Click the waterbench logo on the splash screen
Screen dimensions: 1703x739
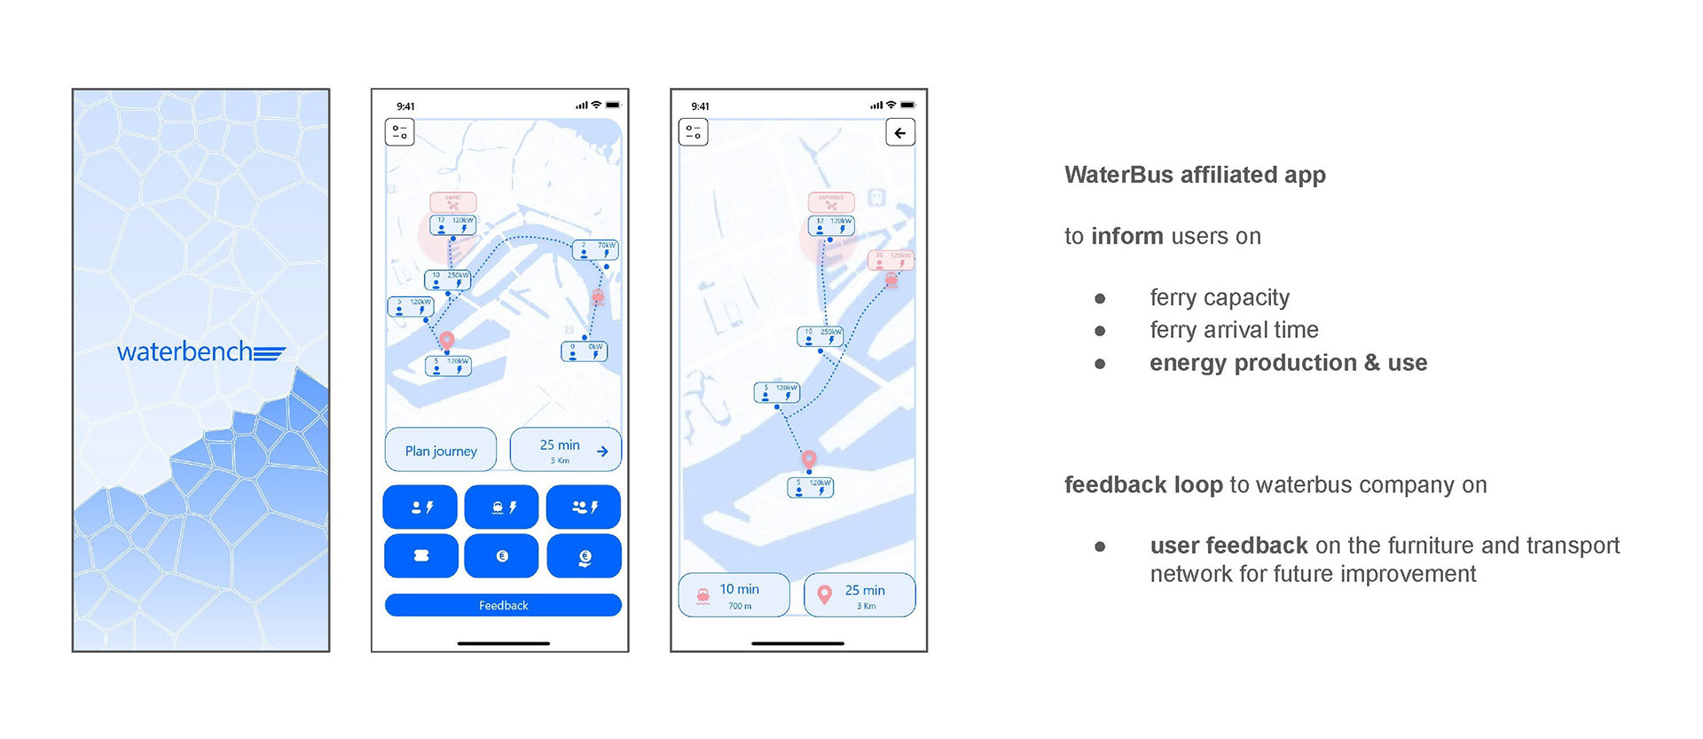pyautogui.click(x=200, y=352)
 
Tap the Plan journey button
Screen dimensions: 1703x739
pyautogui.click(x=442, y=451)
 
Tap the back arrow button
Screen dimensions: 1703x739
pyautogui.click(x=900, y=133)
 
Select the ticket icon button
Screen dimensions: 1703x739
pyautogui.click(x=421, y=556)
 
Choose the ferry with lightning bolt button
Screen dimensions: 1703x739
pyautogui.click(x=502, y=507)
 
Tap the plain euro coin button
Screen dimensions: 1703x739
pyautogui.click(x=502, y=556)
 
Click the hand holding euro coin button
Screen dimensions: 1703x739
pyautogui.click(x=585, y=557)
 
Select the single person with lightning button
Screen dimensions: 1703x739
pyautogui.click(x=420, y=507)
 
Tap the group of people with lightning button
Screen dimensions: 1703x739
pyautogui.click(x=584, y=507)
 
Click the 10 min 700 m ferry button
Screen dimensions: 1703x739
pyautogui.click(x=734, y=595)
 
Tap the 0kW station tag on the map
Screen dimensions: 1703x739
pyautogui.click(x=585, y=351)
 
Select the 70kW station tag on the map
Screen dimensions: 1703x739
pyautogui.click(x=595, y=249)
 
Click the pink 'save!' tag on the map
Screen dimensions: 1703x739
pyautogui.click(x=453, y=201)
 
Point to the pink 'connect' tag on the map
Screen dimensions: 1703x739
pyautogui.click(x=831, y=201)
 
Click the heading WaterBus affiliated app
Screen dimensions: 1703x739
pyautogui.click(x=1195, y=175)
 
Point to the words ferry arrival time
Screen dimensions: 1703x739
pyautogui.click(x=1234, y=330)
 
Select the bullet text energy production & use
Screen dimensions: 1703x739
pyautogui.click(x=1288, y=363)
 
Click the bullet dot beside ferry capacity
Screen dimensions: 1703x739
pyautogui.click(x=1100, y=298)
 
